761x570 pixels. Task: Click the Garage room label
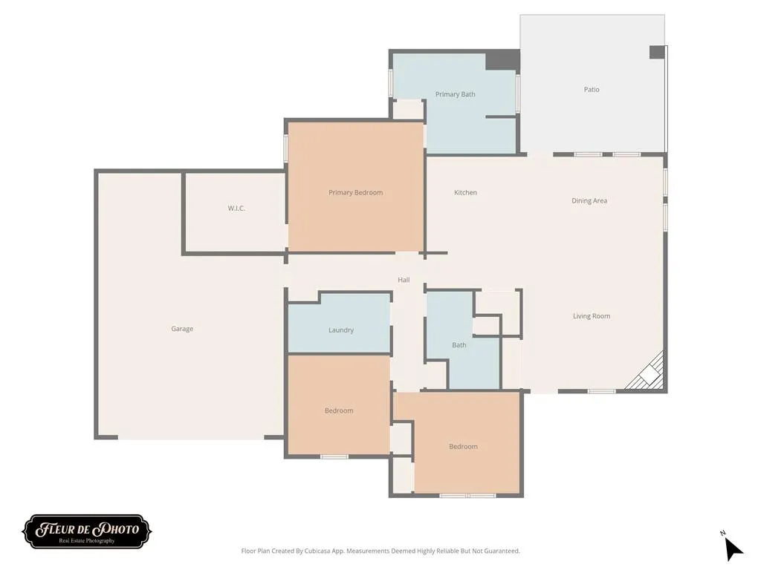pyautogui.click(x=182, y=329)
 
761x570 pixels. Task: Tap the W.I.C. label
pyautogui.click(x=236, y=209)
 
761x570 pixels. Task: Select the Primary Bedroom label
pyautogui.click(x=356, y=192)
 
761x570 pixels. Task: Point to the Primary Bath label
pyautogui.click(x=456, y=94)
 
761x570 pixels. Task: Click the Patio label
pyautogui.click(x=592, y=89)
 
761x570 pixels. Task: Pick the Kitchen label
pyautogui.click(x=465, y=192)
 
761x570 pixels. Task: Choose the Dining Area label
pyautogui.click(x=589, y=200)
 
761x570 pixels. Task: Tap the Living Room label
pyautogui.click(x=592, y=316)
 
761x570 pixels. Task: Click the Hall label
pyautogui.click(x=404, y=280)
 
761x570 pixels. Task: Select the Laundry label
pyautogui.click(x=341, y=330)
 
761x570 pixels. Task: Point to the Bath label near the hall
pyautogui.click(x=459, y=345)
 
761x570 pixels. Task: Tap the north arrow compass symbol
pyautogui.click(x=732, y=547)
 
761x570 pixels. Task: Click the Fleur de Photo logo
pyautogui.click(x=87, y=531)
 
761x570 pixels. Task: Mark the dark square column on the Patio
pyautogui.click(x=657, y=53)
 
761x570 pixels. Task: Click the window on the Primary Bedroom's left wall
pyautogui.click(x=286, y=148)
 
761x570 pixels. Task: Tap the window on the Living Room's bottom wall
pyautogui.click(x=602, y=391)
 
